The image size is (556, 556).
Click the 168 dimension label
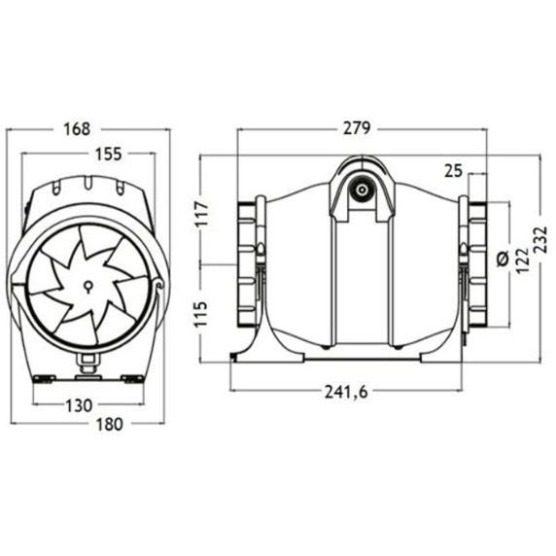point(77,129)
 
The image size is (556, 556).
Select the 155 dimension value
point(109,154)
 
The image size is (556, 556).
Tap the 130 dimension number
point(79,405)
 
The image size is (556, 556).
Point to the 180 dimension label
point(109,424)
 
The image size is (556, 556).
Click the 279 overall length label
point(357,128)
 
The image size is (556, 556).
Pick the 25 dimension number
point(454,171)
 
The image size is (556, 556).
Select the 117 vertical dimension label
point(202,214)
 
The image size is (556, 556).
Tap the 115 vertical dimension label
point(202,314)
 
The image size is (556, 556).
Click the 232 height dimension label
point(540,240)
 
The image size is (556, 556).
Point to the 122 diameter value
point(521,261)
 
